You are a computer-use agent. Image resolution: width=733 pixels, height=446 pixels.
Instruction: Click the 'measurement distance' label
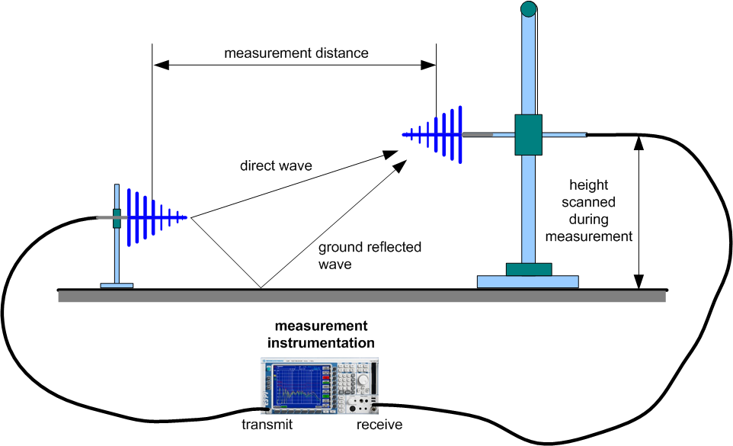click(x=296, y=53)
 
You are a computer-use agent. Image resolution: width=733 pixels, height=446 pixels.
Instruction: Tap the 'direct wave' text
click(x=276, y=165)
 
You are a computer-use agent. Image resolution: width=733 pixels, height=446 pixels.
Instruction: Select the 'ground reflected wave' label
click(x=370, y=255)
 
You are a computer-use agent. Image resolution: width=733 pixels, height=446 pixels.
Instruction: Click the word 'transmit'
click(x=267, y=425)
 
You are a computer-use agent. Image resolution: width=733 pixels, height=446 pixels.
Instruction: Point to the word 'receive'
click(x=379, y=425)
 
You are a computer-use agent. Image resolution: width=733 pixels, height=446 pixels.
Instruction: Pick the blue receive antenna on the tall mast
click(x=438, y=135)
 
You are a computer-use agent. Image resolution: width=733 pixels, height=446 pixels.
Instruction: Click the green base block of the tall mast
click(x=528, y=269)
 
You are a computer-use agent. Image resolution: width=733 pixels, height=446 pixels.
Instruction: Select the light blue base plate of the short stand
click(x=117, y=286)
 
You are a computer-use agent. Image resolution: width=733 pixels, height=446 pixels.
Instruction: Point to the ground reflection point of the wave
click(x=261, y=288)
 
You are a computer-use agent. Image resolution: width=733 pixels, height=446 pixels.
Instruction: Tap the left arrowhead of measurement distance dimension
click(x=160, y=66)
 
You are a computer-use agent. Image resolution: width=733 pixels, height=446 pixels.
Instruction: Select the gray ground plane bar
click(x=362, y=296)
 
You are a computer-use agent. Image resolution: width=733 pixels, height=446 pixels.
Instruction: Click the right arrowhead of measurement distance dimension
click(x=429, y=66)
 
